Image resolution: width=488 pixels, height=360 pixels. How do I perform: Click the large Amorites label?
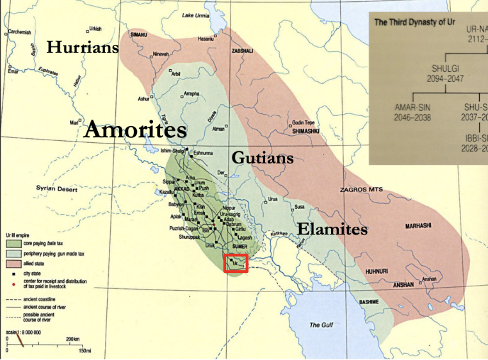pyautogui.click(x=135, y=130)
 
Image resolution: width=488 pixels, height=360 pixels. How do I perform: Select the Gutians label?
pyautogui.click(x=263, y=158)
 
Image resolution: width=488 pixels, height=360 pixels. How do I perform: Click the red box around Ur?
pyautogui.click(x=236, y=263)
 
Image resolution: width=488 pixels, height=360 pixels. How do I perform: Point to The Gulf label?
pyautogui.click(x=321, y=325)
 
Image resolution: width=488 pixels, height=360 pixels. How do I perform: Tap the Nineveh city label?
pyautogui.click(x=161, y=55)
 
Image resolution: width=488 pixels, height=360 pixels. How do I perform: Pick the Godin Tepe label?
pyautogui.click(x=304, y=122)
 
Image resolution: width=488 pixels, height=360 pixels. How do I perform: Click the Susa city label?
pyautogui.click(x=300, y=207)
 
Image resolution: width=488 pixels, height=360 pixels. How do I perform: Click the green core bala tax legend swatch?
pyautogui.click(x=12, y=244)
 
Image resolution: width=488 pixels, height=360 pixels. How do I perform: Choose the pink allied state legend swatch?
pyautogui.click(x=12, y=263)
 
